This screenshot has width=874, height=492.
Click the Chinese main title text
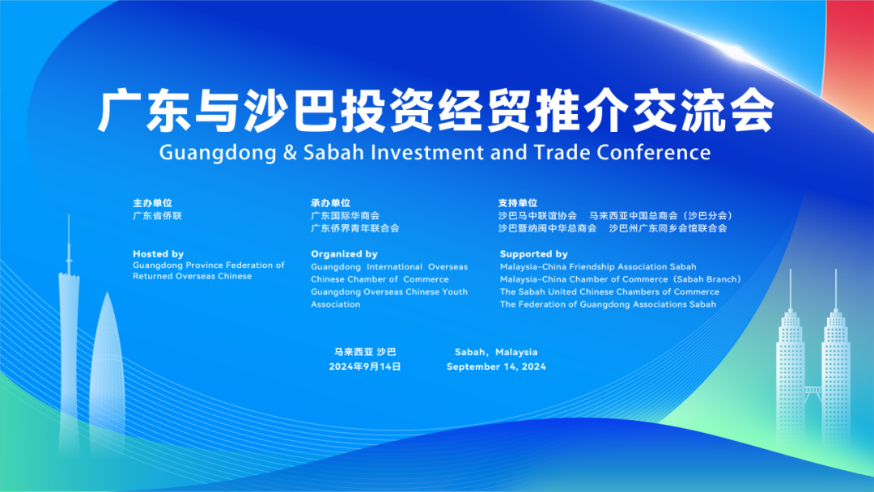coord(435,112)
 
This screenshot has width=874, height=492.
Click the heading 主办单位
coord(152,203)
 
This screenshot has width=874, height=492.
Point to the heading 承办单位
coord(330,203)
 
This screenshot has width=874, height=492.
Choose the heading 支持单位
coord(518,203)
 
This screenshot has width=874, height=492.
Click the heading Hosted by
coord(158,254)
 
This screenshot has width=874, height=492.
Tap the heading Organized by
coord(344,254)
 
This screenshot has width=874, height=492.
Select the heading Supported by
coord(533,254)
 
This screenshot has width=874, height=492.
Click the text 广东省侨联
coord(157,216)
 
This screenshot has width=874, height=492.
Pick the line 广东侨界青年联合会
coord(354,228)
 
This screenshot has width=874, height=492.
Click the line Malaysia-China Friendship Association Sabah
coord(597,267)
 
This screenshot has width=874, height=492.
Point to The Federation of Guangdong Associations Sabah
coord(608,304)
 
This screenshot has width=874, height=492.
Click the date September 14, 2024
coord(496,367)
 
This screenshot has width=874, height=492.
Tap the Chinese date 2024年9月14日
coord(365,367)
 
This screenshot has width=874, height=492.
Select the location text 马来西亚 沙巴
coord(365,352)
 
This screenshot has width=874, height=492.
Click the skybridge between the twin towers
coord(812,392)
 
